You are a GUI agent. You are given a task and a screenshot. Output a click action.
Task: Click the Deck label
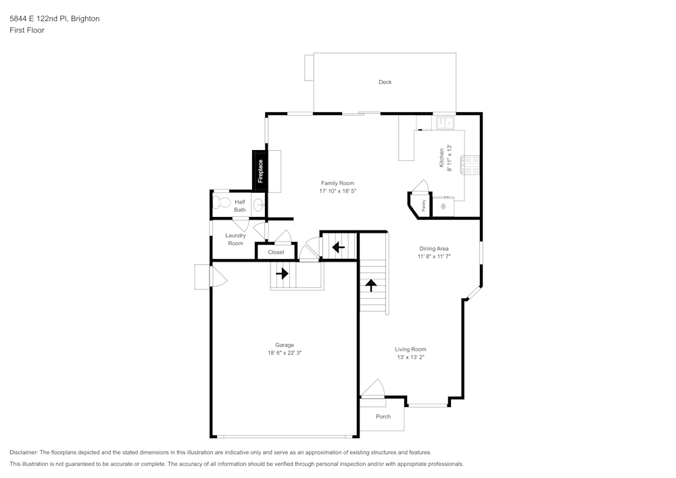[x=385, y=82]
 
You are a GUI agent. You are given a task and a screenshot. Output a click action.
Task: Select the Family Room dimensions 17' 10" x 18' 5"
[x=337, y=191]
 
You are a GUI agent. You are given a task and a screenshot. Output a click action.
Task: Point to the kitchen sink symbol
[x=445, y=122]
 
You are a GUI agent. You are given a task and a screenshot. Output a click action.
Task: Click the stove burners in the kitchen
[x=470, y=166]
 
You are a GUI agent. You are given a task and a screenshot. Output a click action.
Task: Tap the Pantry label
[x=423, y=206]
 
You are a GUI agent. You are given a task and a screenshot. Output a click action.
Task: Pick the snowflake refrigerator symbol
[x=443, y=206]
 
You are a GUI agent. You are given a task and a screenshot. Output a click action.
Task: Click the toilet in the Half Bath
[x=220, y=202]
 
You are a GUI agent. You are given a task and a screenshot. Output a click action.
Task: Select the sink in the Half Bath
[x=258, y=205]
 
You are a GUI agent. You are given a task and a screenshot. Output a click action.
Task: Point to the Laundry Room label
[x=235, y=239]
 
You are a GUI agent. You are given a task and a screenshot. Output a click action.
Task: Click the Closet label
[x=276, y=252]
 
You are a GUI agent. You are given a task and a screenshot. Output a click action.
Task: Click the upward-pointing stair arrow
[x=370, y=285]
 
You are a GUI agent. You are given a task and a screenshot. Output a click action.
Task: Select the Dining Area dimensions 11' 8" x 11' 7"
[x=433, y=257]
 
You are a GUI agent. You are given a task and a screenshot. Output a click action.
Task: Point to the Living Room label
[x=410, y=350]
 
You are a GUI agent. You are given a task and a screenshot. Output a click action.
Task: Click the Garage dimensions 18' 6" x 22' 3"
[x=284, y=353]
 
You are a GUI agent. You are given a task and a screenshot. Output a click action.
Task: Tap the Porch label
[x=383, y=416]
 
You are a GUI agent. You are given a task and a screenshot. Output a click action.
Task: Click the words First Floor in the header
[x=26, y=30]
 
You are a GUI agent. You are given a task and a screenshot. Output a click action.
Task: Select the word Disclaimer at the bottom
[x=24, y=452]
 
